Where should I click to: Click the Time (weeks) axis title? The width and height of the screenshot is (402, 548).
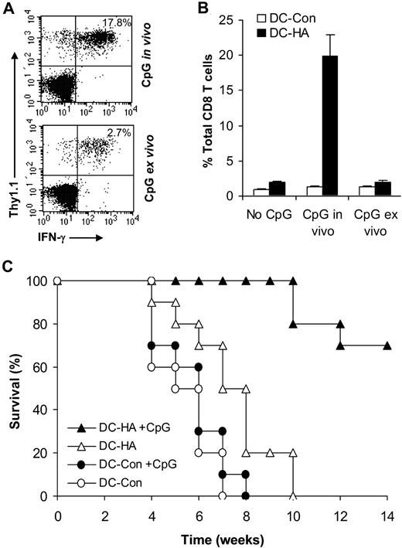click(223, 539)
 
